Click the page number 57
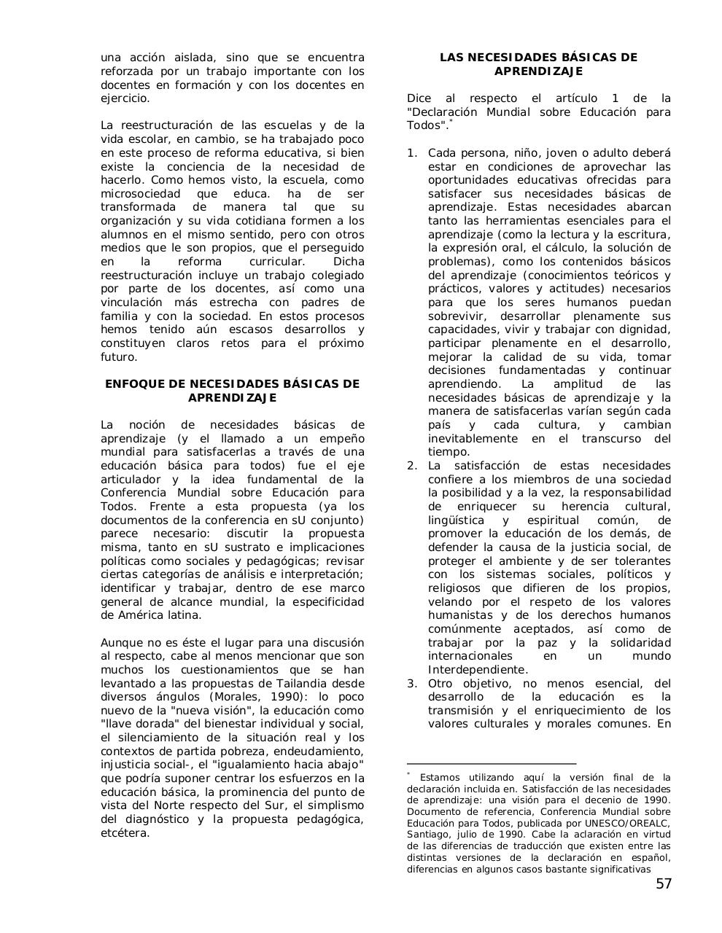(x=664, y=884)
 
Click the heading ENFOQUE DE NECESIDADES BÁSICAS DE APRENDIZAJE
(x=232, y=391)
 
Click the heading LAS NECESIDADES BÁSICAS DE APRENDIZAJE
(x=538, y=64)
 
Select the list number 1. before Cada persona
(x=412, y=153)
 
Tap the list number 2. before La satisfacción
(x=412, y=466)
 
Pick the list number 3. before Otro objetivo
(x=412, y=684)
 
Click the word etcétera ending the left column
(x=124, y=832)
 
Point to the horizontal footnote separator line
(x=491, y=763)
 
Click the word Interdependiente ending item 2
(x=477, y=670)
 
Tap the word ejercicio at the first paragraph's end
(x=125, y=98)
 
